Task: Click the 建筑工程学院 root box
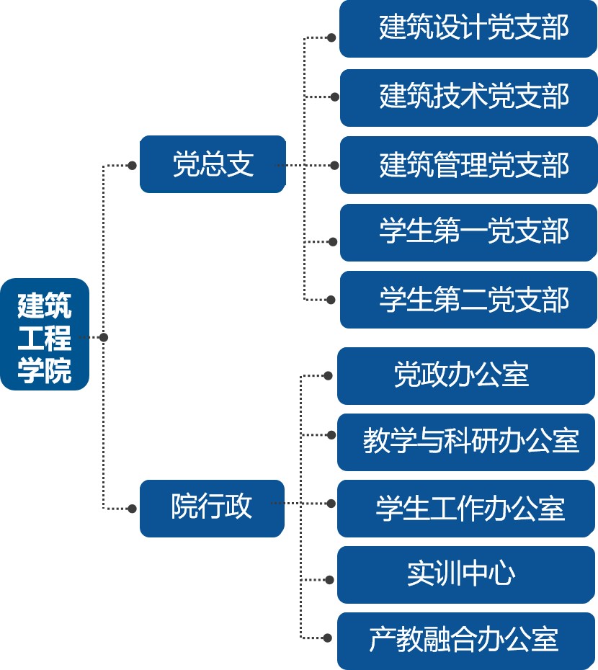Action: tap(45, 334)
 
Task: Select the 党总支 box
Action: tap(213, 164)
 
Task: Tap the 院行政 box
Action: tap(212, 508)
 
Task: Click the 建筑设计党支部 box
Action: tap(468, 29)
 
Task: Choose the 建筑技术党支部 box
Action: tap(468, 97)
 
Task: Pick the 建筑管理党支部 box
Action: tap(468, 165)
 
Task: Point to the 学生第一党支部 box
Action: tap(468, 232)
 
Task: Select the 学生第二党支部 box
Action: tap(468, 300)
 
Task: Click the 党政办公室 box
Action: tap(466, 375)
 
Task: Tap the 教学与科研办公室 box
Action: tap(466, 442)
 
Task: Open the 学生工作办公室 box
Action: tap(466, 509)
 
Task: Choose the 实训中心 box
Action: tap(466, 574)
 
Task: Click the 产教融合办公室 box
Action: tap(466, 640)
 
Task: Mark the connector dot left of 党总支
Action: tap(132, 165)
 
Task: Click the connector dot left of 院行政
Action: tap(132, 509)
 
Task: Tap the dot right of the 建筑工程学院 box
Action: tap(104, 337)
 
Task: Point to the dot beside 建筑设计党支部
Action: tap(331, 37)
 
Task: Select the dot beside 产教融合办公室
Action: tap(329, 638)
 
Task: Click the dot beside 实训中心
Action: tap(329, 579)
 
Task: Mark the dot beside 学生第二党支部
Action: tap(331, 299)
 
